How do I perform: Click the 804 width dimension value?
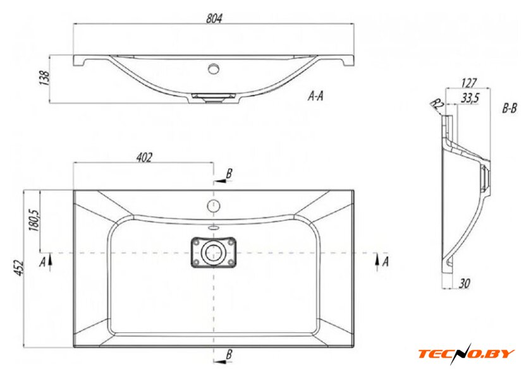(x=214, y=18)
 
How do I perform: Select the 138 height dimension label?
(x=45, y=78)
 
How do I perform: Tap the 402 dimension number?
(x=144, y=157)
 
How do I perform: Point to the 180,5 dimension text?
(x=35, y=220)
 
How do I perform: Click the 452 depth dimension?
(x=20, y=268)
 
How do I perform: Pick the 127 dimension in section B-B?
(x=468, y=83)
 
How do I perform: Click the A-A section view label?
(x=315, y=96)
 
